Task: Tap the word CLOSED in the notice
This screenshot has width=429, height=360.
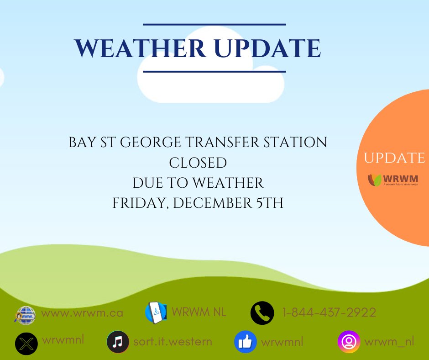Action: pos(198,163)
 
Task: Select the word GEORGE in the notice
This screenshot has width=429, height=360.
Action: pos(155,142)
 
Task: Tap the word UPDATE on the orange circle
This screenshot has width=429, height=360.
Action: pos(394,158)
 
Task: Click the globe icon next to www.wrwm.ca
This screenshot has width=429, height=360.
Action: pos(25,314)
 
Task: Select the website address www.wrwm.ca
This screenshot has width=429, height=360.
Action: pos(82,313)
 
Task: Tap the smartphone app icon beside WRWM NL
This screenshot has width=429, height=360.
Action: pos(156,313)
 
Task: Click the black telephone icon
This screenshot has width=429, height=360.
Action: pos(262,313)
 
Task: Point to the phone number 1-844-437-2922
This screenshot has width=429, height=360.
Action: pos(329,312)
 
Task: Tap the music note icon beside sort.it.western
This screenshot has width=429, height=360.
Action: pos(118,342)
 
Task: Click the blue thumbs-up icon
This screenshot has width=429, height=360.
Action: pos(245,342)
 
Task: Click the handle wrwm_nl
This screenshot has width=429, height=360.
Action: pos(389,341)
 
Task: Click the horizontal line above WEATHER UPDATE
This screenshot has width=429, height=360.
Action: pos(214,24)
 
